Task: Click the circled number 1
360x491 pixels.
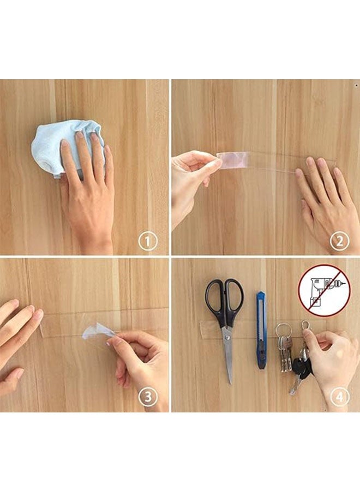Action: coord(148,241)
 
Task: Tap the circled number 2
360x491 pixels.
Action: coord(340,241)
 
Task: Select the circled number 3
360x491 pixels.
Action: coord(148,397)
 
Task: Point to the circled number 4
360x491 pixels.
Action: coord(340,397)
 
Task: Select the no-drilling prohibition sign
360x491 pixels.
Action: coord(325,291)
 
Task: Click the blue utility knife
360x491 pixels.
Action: coord(261,331)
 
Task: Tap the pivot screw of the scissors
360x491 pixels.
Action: coord(227,337)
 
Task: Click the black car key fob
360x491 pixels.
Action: coord(301,367)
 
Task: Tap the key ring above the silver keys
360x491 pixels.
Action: coord(284,331)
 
